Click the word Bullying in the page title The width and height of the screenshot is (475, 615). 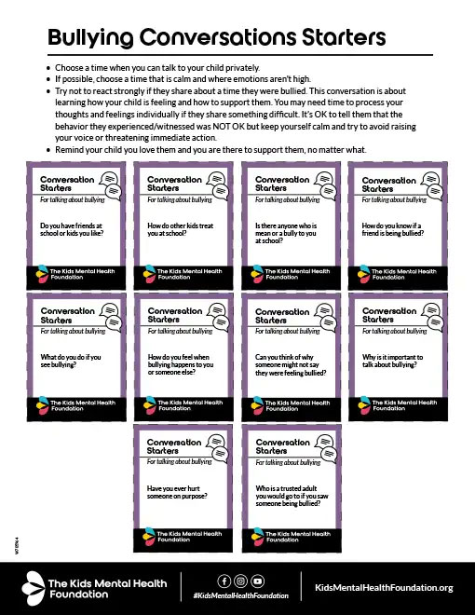88,38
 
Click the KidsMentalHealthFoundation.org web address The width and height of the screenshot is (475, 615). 384,587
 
